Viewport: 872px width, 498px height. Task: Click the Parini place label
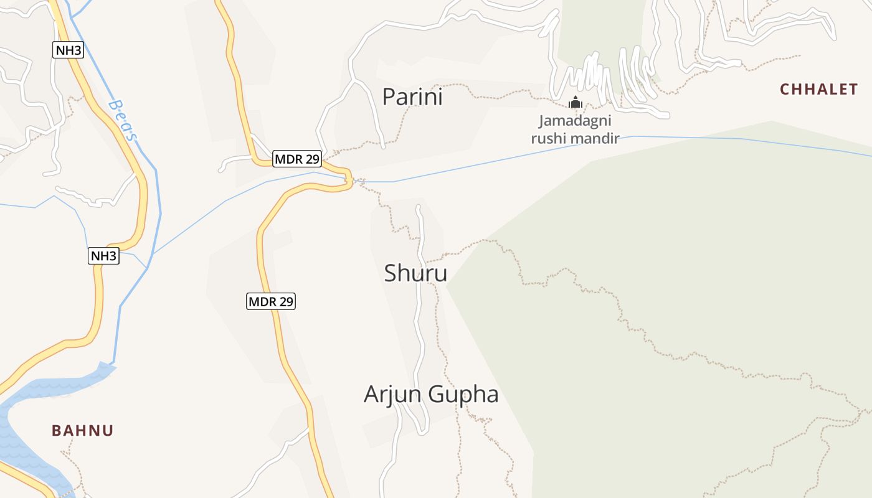coord(412,97)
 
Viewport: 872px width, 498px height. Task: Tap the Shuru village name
coord(415,273)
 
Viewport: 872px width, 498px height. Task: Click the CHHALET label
coord(819,89)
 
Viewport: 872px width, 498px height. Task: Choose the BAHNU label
coord(83,430)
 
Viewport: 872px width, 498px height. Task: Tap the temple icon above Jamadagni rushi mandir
coord(575,102)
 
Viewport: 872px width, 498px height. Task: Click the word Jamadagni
coord(575,121)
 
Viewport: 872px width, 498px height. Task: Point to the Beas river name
coord(123,120)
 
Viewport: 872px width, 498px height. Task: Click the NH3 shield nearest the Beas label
coord(68,50)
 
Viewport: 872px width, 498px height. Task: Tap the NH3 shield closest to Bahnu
coord(103,255)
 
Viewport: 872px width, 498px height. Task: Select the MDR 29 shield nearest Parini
coord(297,159)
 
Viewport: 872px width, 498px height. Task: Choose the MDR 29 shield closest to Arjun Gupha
coord(270,302)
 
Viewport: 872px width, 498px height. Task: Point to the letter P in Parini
coord(389,97)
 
